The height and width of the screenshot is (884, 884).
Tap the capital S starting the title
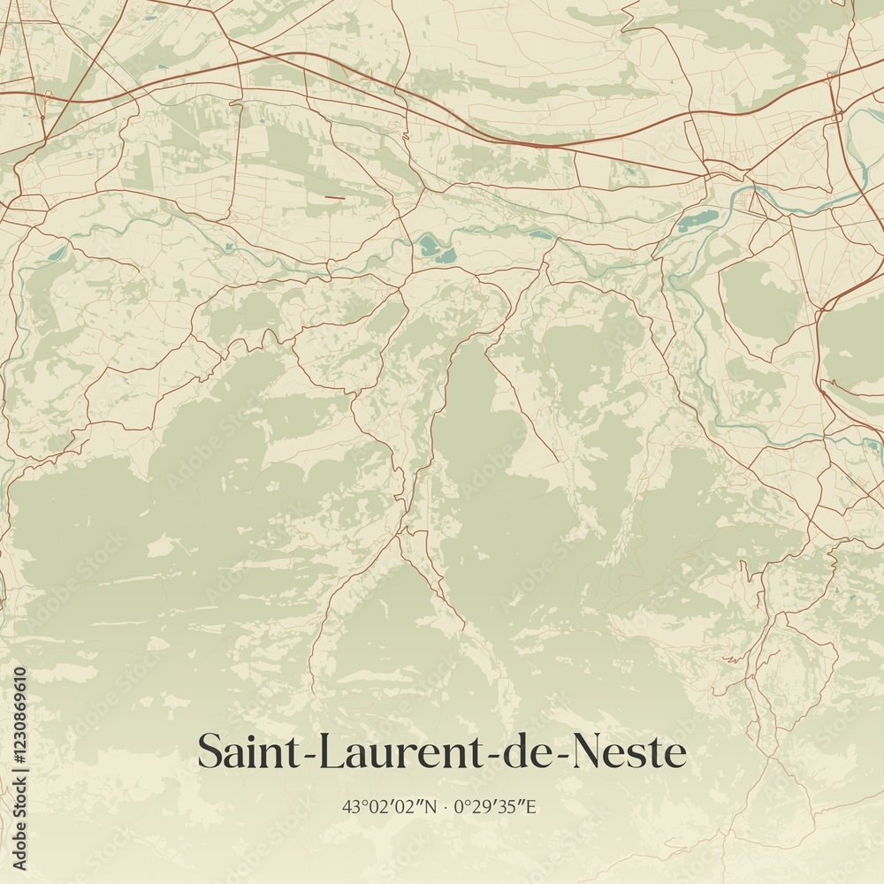tap(210, 752)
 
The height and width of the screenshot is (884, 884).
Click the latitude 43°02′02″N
tap(390, 806)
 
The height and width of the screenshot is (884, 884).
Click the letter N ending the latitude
tap(431, 806)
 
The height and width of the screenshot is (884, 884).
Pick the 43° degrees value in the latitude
tap(353, 806)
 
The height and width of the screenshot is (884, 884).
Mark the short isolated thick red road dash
tap(334, 197)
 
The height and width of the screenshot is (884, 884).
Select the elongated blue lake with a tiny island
tap(698, 219)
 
